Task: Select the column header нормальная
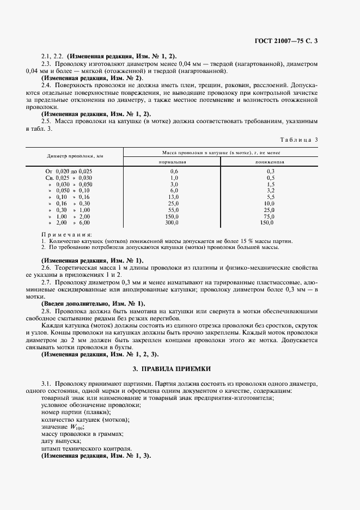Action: tap(173, 162)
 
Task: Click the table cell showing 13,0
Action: tap(174, 197)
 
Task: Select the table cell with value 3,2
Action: tap(269, 190)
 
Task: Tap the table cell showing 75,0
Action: tap(269, 216)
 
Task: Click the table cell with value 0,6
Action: tap(174, 171)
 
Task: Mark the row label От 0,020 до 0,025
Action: tap(69, 171)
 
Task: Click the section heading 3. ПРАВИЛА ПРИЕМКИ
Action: tap(180, 369)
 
